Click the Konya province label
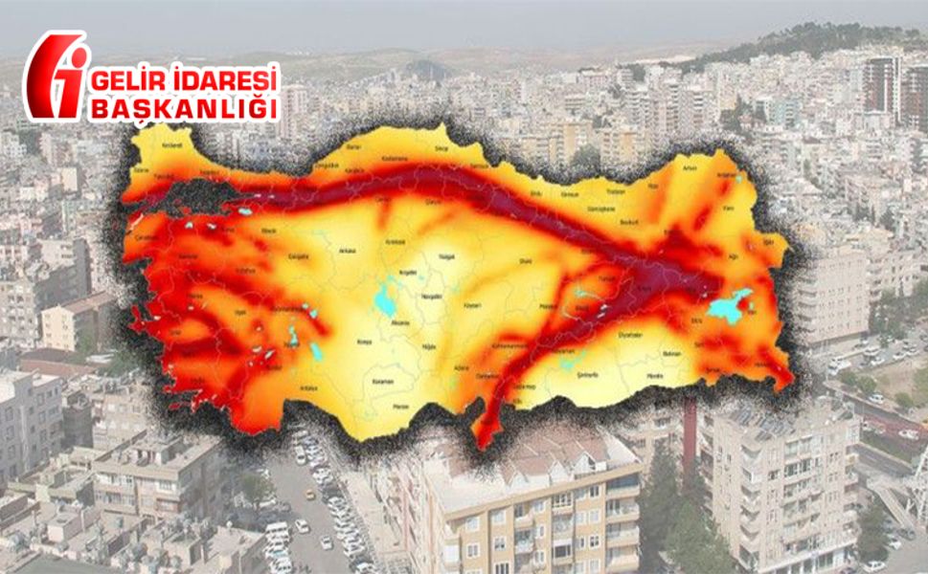(x=363, y=341)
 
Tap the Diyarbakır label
(x=602, y=336)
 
